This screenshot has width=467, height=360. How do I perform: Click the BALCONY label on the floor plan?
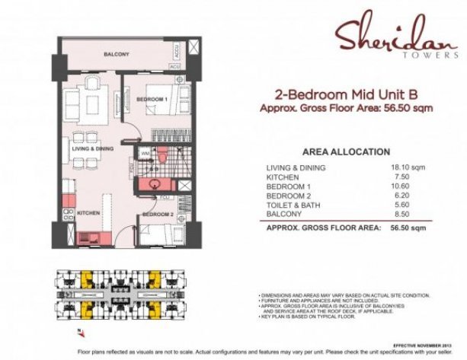click(117, 54)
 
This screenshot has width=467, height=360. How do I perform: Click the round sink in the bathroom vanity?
click(155, 183)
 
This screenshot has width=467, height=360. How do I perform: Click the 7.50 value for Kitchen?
click(401, 177)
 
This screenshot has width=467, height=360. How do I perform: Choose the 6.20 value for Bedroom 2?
click(401, 196)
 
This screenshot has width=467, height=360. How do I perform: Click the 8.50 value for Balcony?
click(401, 215)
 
